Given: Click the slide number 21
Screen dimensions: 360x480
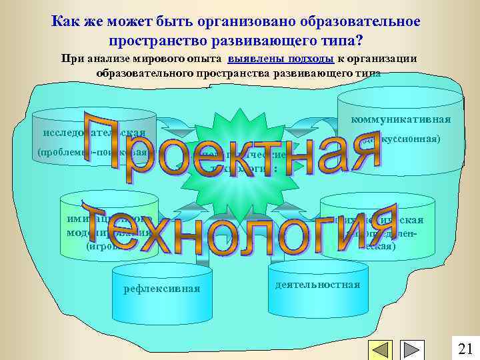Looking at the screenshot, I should tap(465, 348).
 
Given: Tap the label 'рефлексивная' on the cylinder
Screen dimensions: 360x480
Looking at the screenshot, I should tap(162, 289).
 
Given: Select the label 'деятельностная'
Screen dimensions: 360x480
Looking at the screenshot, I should tap(317, 284).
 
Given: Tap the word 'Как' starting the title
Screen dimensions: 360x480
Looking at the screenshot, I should tap(64, 21).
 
